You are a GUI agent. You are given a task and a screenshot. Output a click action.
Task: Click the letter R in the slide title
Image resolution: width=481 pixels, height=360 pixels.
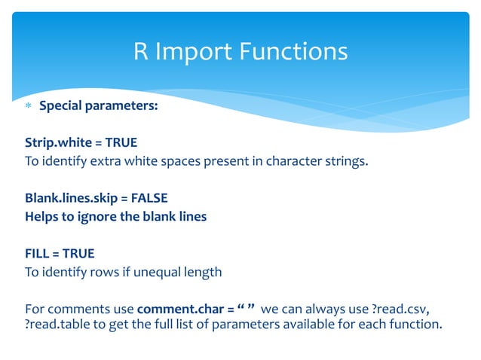pos(141,52)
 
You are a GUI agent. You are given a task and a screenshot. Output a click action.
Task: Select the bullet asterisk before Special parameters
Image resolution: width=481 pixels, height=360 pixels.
pos(29,106)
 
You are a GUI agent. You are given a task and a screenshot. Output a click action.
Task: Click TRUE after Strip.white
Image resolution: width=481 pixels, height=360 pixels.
pos(122,142)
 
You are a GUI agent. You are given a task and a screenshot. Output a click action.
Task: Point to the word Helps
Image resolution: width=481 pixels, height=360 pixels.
pos(42,216)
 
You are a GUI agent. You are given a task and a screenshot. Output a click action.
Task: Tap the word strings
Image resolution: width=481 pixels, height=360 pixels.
pos(346,160)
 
